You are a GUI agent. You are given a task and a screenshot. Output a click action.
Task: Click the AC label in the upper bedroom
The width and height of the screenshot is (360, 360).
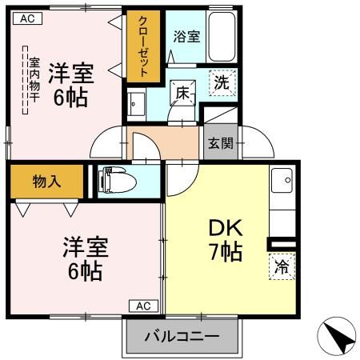(26, 18)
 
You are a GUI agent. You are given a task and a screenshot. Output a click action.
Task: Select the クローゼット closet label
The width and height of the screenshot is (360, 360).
(143, 46)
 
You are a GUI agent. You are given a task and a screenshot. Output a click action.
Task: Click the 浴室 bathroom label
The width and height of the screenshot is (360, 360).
(187, 35)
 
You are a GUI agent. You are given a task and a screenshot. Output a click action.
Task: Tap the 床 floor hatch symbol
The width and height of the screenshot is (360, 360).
(183, 94)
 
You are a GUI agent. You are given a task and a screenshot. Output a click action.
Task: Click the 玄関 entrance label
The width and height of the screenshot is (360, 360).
(221, 144)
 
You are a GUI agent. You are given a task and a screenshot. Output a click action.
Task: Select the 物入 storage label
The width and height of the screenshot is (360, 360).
(46, 181)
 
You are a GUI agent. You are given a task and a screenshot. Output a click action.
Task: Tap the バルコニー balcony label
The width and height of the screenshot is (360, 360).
(182, 337)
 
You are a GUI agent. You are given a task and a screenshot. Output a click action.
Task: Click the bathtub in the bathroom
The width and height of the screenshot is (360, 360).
(221, 36)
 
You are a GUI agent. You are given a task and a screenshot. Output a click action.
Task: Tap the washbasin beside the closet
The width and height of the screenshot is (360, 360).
(136, 104)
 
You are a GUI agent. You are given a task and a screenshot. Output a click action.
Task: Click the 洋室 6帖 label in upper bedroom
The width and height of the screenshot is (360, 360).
(71, 85)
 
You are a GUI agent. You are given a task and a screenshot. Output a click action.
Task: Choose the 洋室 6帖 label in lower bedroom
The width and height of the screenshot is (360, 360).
(82, 258)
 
